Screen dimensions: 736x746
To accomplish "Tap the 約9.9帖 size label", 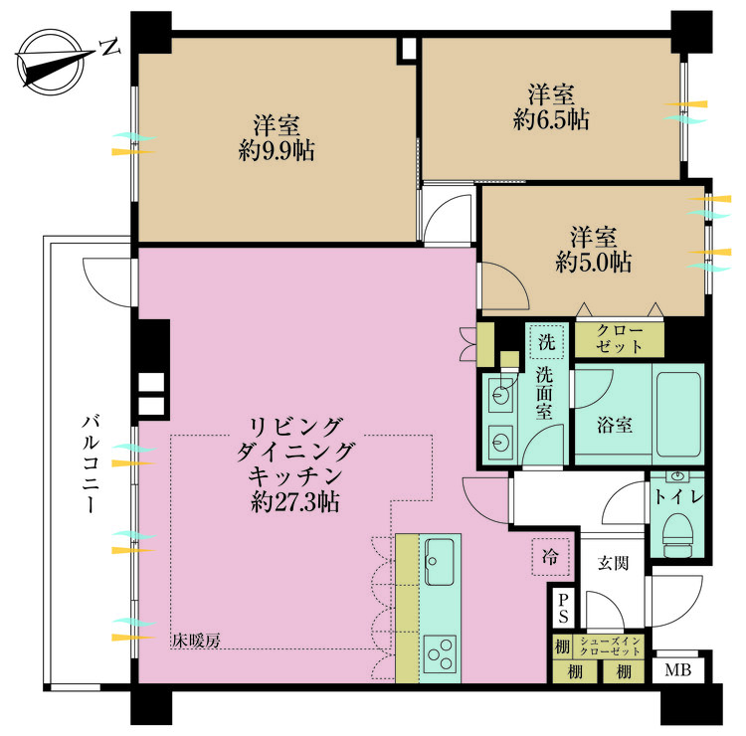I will tap(277, 151).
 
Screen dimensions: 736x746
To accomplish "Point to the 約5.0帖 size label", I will tap(594, 264).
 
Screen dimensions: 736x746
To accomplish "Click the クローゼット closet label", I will tap(619, 339).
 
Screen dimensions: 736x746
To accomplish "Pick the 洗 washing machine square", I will tap(546, 341).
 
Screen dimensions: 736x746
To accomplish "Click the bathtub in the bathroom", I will tap(677, 410).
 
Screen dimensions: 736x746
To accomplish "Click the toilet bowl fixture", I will tap(676, 532).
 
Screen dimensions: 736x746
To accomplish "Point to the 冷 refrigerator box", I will tap(550, 556).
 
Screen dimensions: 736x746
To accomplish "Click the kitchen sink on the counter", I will tap(440, 563).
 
